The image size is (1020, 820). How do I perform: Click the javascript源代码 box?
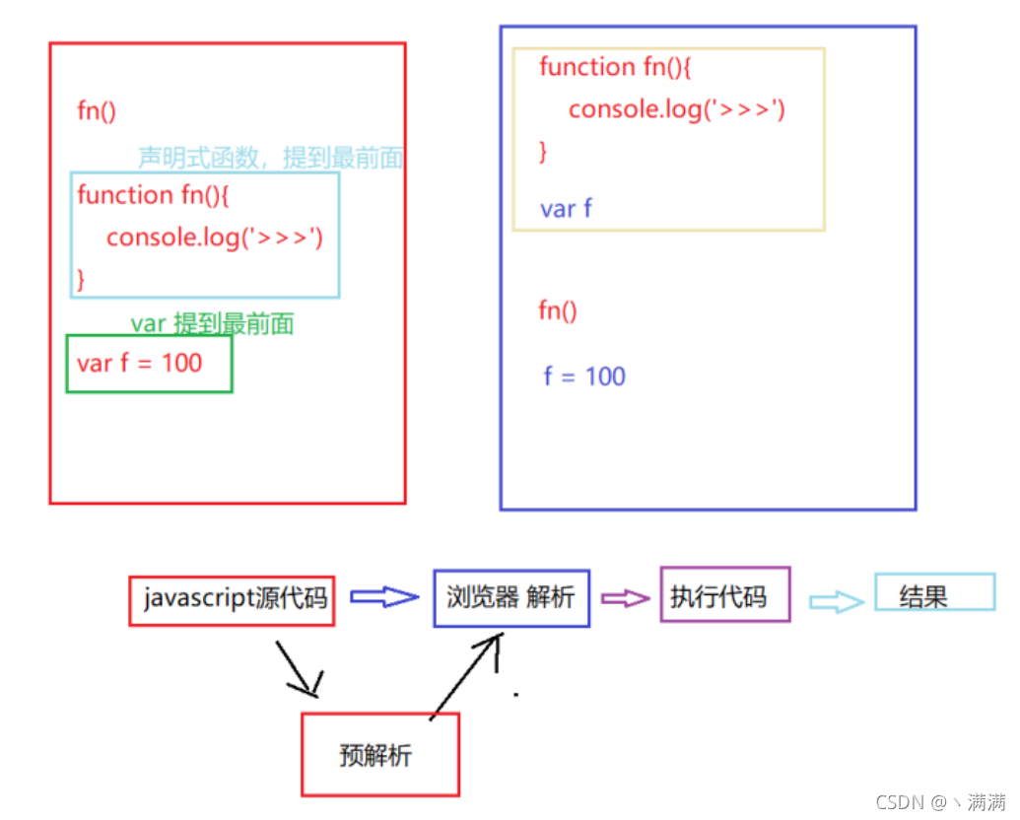pos(232,600)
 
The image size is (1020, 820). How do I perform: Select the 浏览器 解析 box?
pos(510,597)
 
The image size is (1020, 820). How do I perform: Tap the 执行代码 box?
pos(724,594)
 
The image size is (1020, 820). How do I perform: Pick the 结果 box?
pos(933,593)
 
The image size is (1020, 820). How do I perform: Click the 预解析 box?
pos(379,755)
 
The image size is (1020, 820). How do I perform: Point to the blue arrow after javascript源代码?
pos(384,596)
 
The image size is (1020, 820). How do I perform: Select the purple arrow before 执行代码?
pos(625,598)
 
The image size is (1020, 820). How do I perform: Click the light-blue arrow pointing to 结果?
pos(836,602)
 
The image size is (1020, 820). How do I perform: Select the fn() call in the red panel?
pos(97,110)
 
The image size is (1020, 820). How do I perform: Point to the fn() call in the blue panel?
pos(558,311)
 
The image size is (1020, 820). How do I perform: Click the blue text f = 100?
pos(584,376)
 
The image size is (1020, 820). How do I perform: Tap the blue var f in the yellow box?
pos(566,209)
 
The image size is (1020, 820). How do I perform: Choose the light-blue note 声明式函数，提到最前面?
pos(270,158)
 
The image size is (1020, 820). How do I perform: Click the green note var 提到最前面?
pos(212,323)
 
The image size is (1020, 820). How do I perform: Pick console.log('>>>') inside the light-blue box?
pos(215,238)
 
